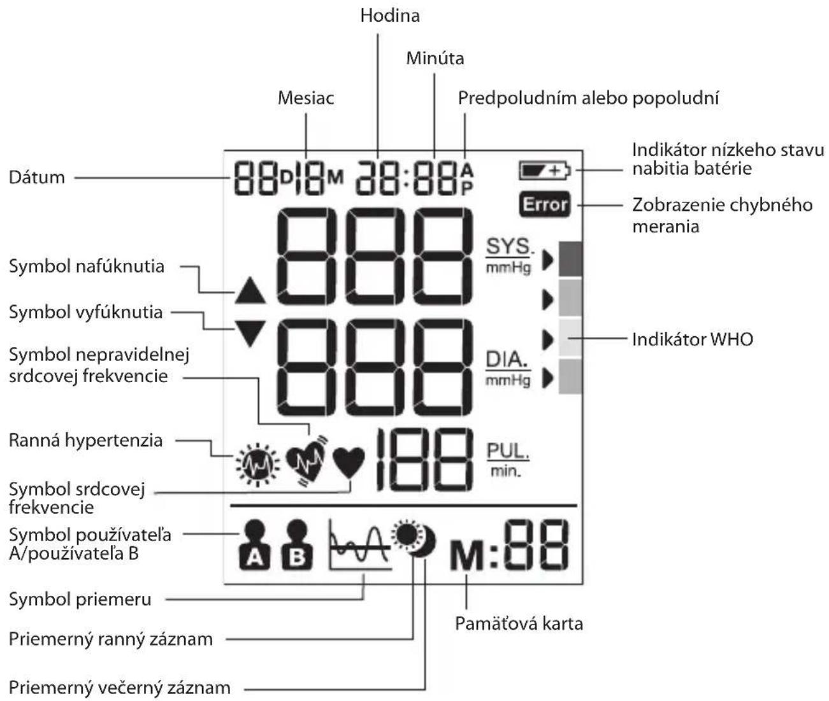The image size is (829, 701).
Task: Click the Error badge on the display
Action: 544,204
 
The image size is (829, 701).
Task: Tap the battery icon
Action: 545,171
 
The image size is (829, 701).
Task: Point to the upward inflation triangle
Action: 250,290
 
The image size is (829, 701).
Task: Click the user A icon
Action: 255,544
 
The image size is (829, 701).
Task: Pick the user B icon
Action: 297,544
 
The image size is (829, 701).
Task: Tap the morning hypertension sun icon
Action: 257,465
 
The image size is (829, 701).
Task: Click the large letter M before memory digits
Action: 467,555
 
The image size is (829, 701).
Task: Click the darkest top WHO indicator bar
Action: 570,258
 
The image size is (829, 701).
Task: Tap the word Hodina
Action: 390,16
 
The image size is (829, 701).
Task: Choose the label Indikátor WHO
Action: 693,339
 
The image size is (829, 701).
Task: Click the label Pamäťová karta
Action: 519,624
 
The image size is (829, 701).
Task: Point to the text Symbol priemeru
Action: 80,600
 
